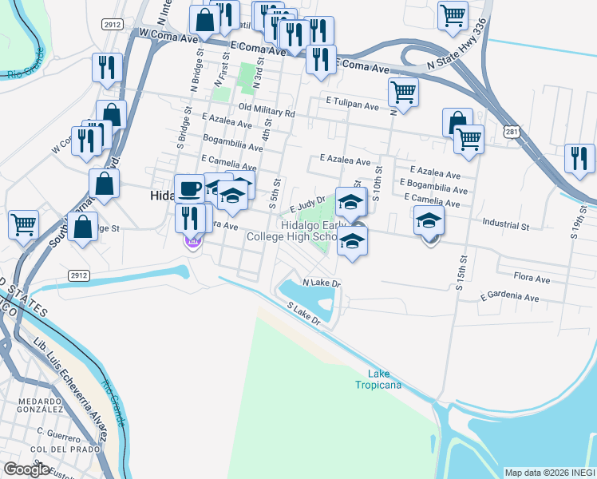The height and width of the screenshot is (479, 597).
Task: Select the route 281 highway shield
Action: click(512, 132)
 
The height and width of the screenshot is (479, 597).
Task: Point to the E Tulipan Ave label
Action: click(352, 104)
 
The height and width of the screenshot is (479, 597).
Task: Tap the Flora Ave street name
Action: click(532, 279)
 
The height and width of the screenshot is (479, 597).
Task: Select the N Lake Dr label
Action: click(321, 283)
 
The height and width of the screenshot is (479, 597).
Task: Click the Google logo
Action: click(26, 469)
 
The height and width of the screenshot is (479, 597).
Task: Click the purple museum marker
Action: click(192, 241)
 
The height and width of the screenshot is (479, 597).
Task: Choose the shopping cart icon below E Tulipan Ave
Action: click(469, 139)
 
